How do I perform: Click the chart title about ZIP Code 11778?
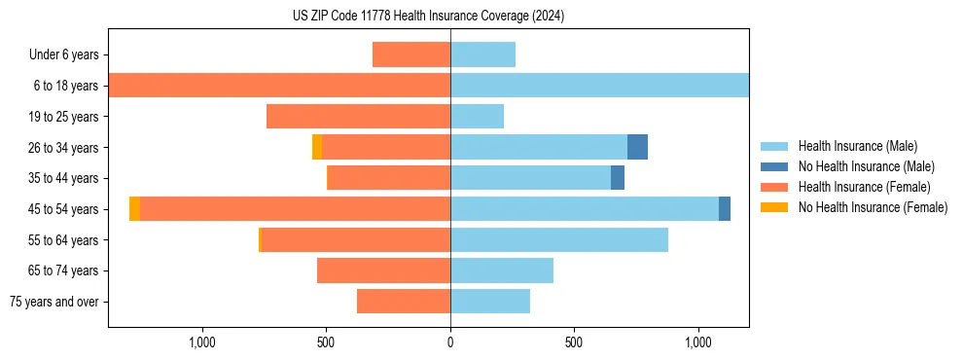tap(428, 17)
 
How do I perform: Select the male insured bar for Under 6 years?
tap(482, 54)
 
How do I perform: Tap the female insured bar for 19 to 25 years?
tap(358, 117)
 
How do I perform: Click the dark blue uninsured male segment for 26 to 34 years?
tap(637, 147)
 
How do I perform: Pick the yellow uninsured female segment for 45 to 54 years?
tap(134, 209)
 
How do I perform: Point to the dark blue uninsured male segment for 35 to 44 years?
tap(618, 178)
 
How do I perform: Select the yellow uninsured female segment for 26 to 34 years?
tap(317, 147)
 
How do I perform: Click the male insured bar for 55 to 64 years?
tap(558, 239)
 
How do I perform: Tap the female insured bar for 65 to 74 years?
tap(383, 270)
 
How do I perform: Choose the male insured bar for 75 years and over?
tap(489, 302)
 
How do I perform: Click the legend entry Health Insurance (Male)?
tap(857, 146)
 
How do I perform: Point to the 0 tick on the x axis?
tap(450, 342)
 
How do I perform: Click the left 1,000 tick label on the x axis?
tap(201, 342)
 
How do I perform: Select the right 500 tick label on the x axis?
tap(574, 342)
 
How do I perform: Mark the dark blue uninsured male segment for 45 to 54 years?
tap(725, 209)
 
